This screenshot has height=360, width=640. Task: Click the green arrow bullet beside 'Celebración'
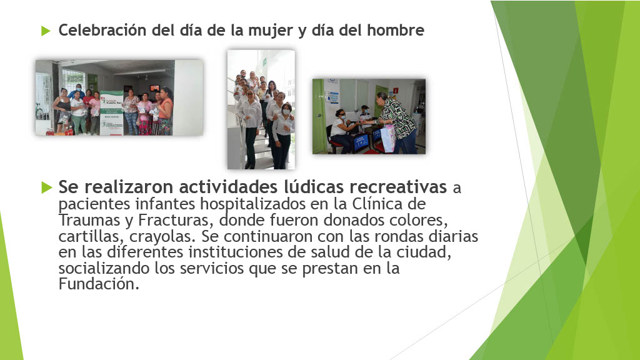tap(46, 31)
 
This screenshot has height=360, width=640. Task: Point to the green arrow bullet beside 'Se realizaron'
tap(46, 187)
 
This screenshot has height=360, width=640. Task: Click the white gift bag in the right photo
tap(388, 138)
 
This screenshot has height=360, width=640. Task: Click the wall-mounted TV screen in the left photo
tap(153, 87)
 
